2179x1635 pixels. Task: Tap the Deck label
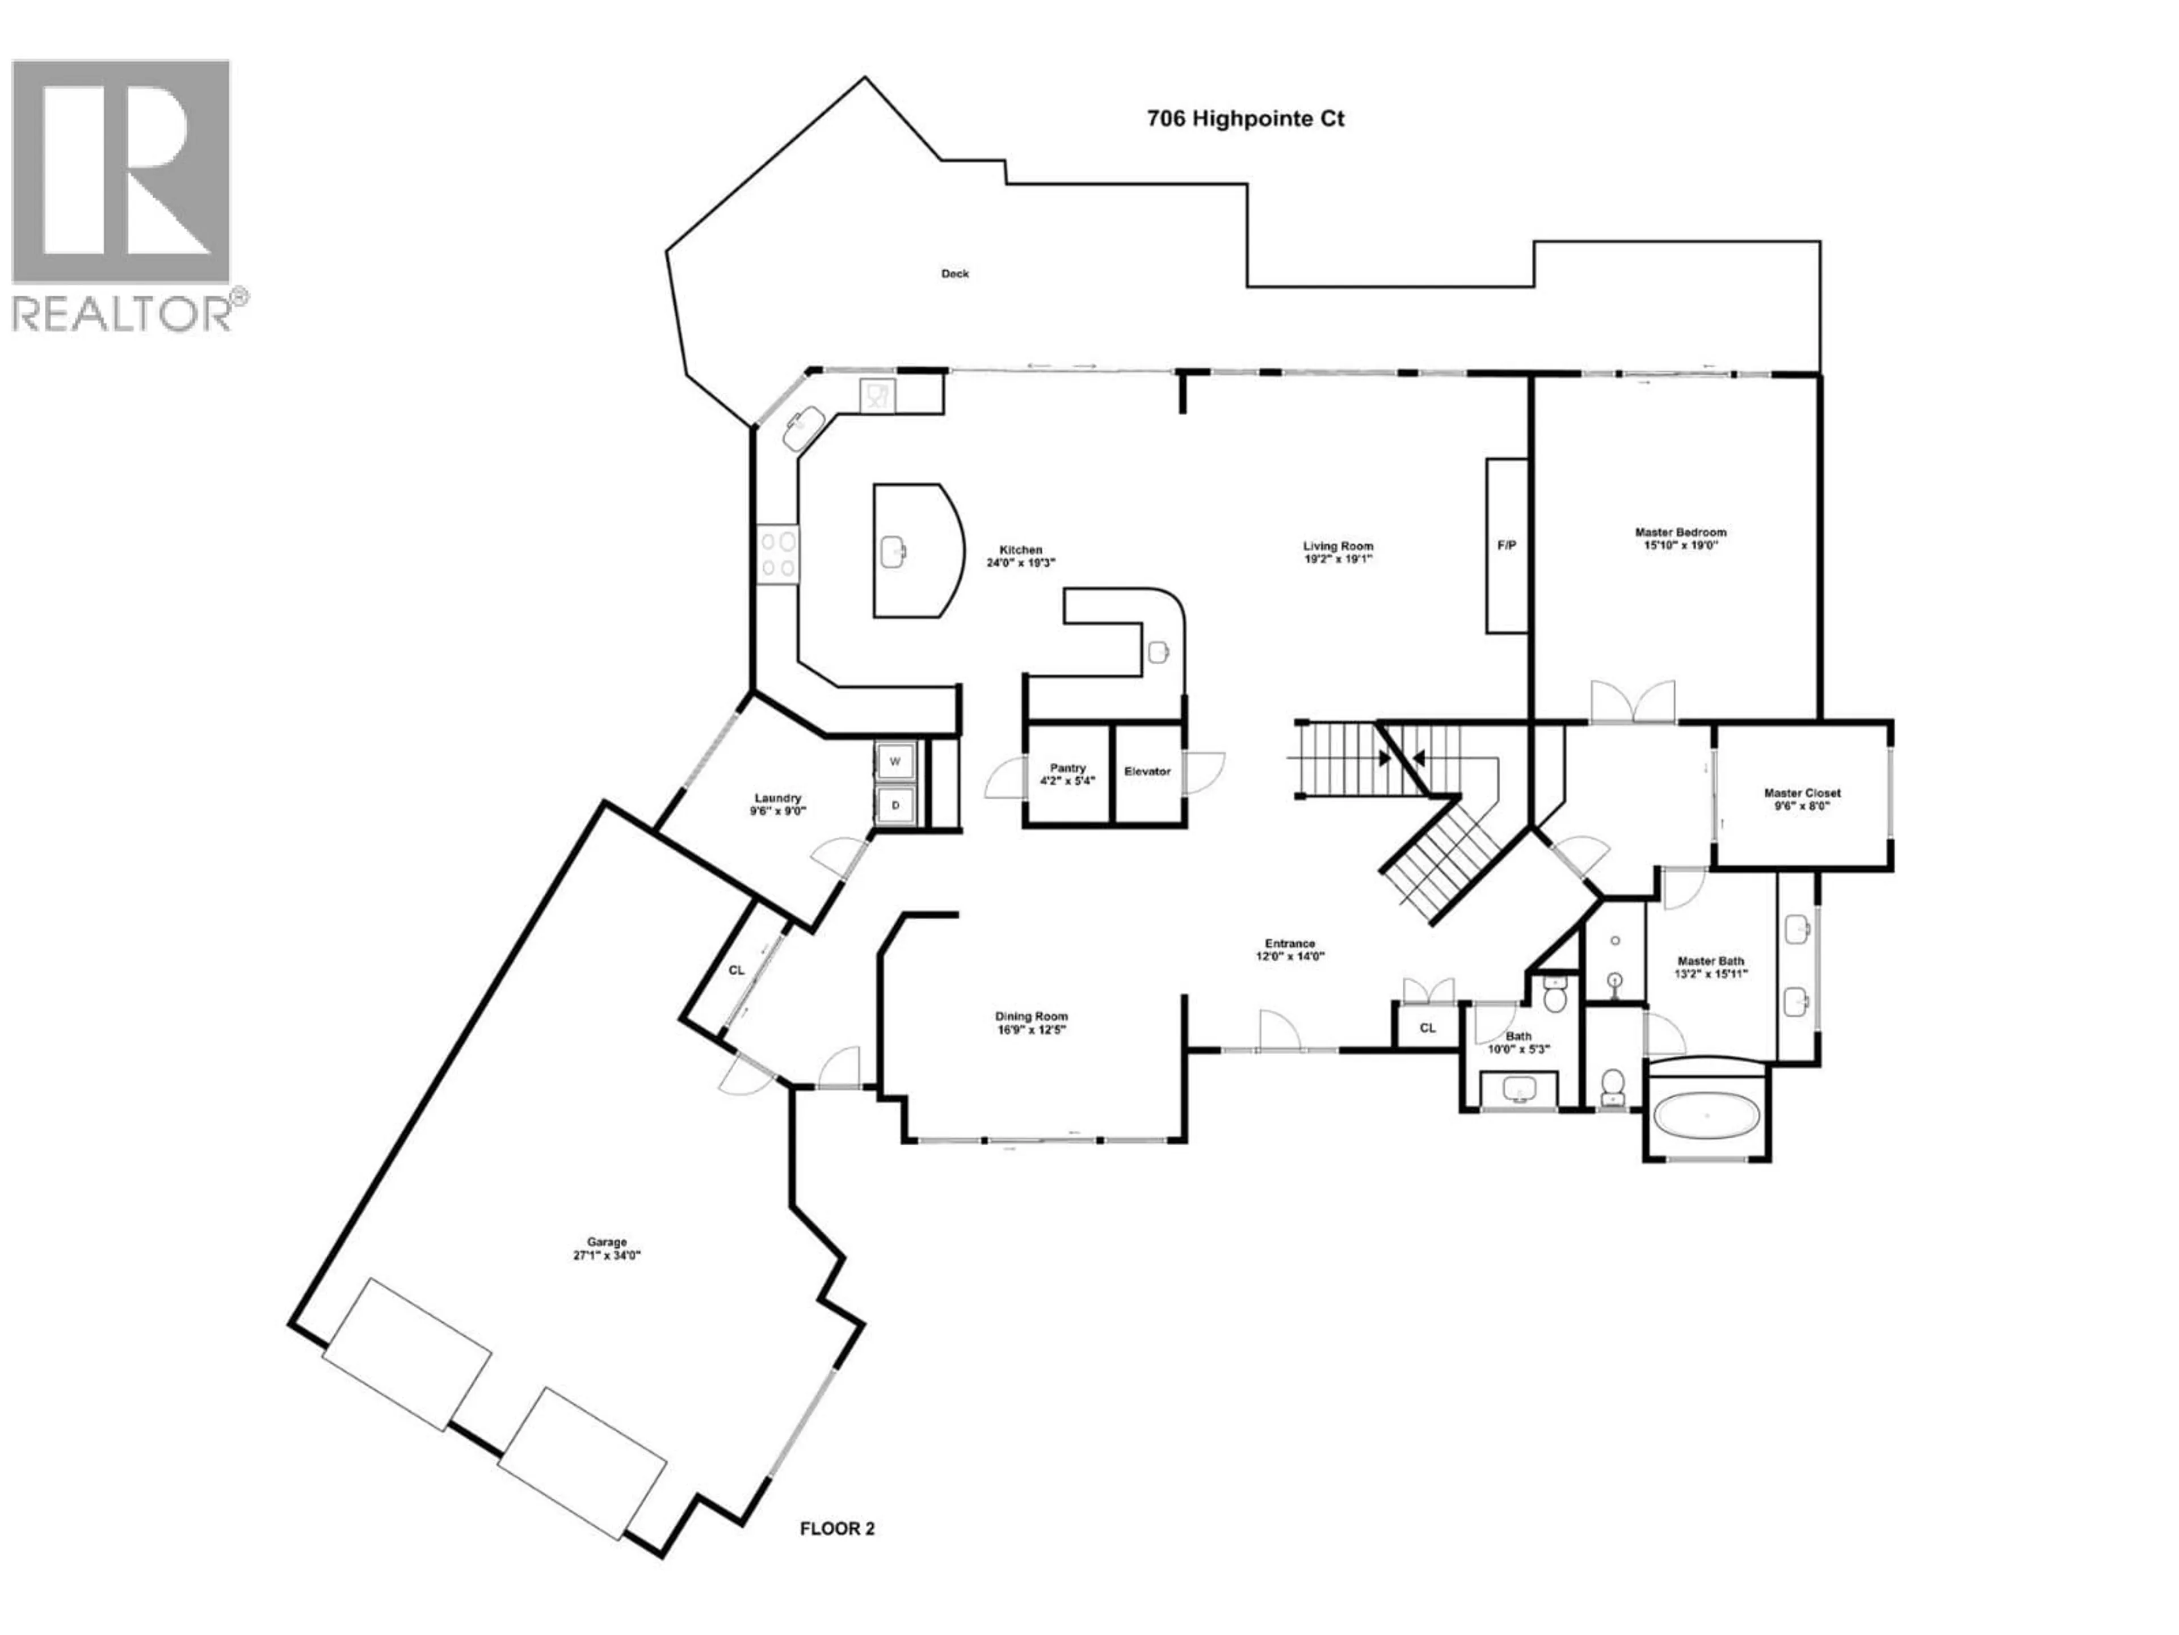point(954,274)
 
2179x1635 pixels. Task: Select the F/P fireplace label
point(1506,545)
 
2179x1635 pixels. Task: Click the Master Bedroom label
point(1681,532)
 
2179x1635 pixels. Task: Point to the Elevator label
point(1147,772)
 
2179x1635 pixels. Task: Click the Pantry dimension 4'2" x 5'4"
point(1068,781)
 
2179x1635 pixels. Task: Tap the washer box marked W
point(895,762)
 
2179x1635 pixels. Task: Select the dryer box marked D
point(895,805)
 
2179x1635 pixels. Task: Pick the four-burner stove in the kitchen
point(777,554)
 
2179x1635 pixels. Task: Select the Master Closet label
point(1802,793)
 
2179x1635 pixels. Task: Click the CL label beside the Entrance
point(1427,1028)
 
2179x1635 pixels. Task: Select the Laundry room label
point(777,798)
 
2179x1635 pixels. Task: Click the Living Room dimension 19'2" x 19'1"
point(1337,559)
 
